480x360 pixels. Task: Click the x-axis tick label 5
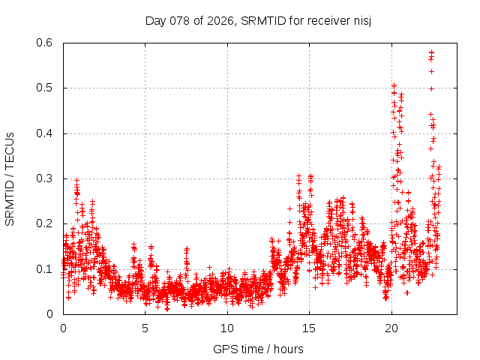coord(145,328)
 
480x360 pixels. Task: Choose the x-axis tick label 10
coord(227,328)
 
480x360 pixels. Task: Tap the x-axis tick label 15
coord(309,328)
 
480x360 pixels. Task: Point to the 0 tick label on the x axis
coord(63,328)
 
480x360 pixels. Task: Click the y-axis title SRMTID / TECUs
coord(10,178)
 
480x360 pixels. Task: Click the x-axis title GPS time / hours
coord(258,349)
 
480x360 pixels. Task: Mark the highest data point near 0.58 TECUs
coord(431,52)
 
